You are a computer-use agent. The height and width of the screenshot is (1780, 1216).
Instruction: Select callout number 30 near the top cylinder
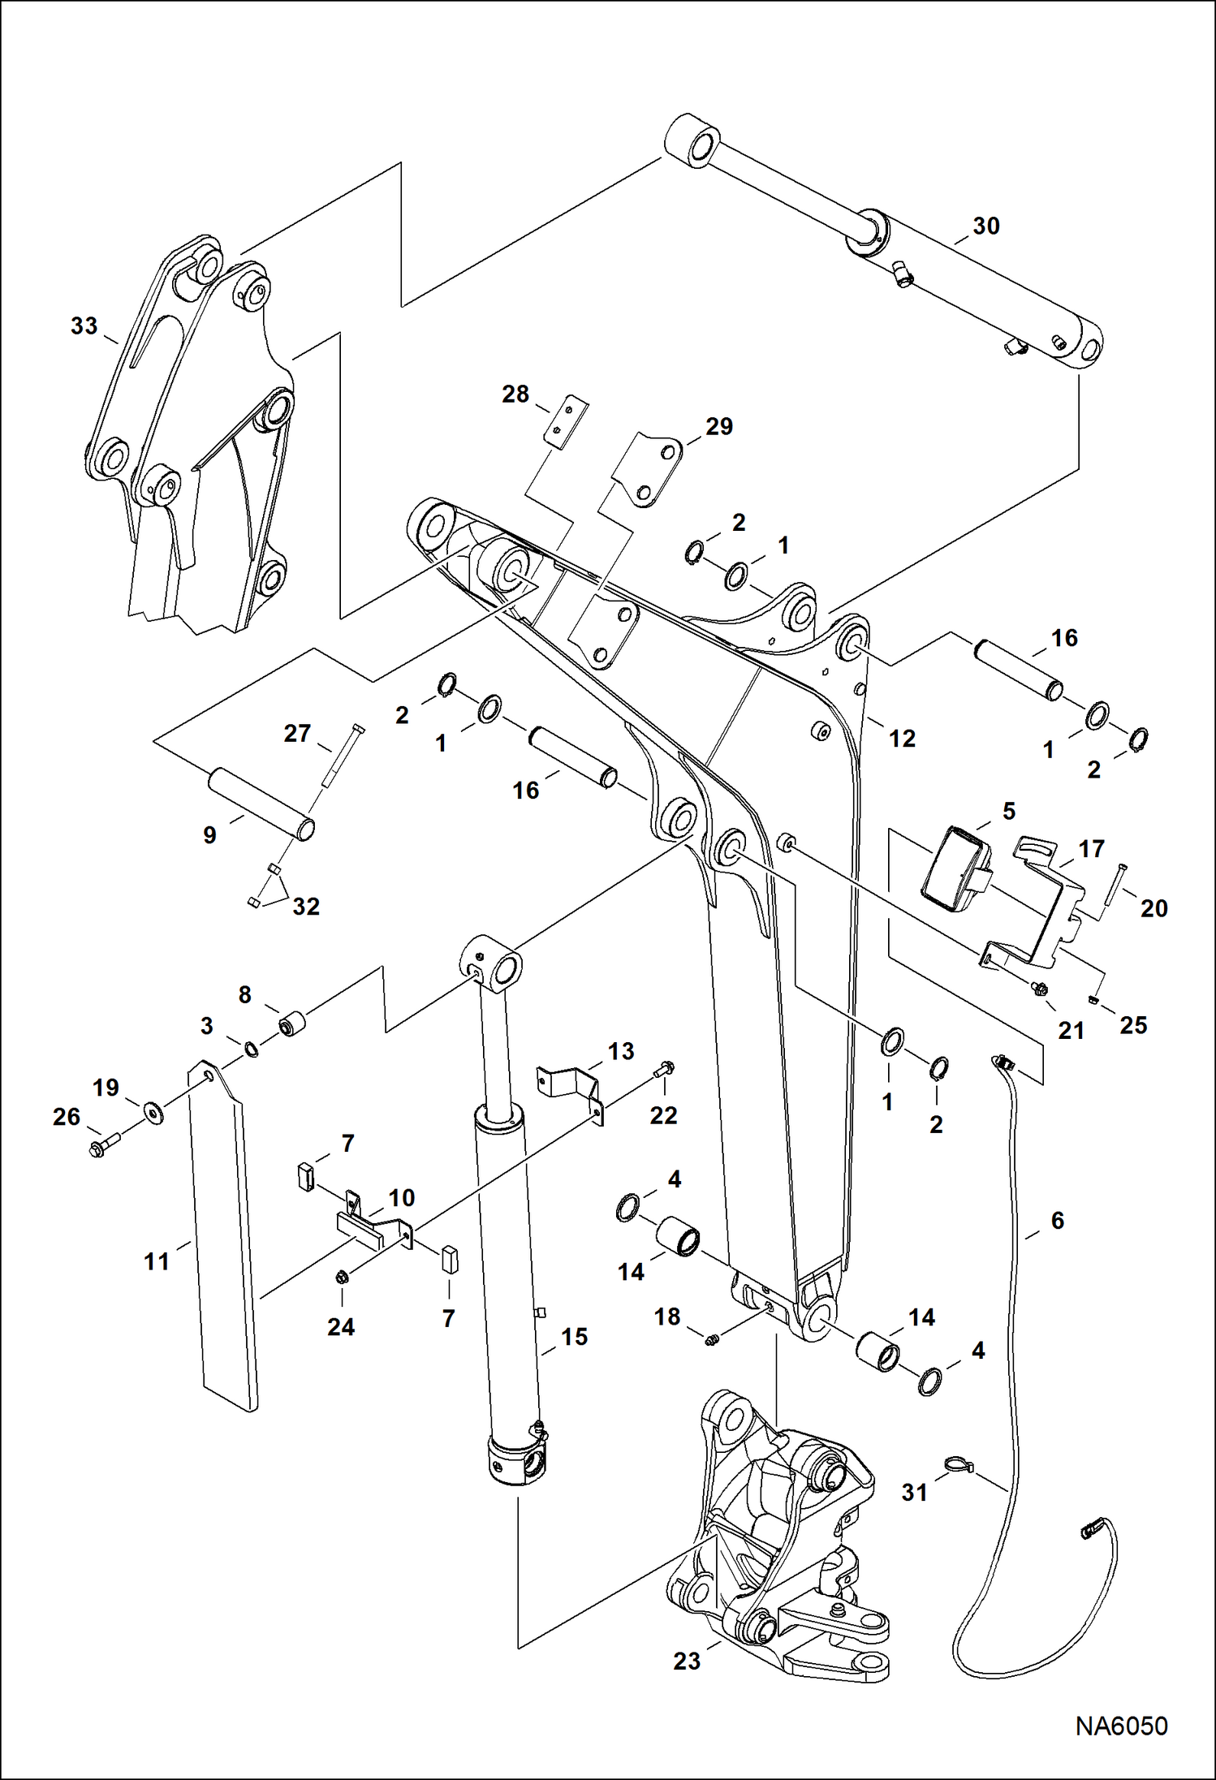(985, 226)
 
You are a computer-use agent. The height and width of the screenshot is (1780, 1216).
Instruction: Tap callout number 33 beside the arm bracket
(84, 326)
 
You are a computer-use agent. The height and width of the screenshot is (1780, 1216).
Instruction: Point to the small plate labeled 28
(575, 422)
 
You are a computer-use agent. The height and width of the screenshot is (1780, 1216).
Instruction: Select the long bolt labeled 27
(343, 756)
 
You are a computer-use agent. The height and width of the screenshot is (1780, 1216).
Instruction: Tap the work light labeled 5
(956, 866)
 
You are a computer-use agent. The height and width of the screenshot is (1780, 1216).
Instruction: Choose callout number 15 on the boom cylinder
(574, 1337)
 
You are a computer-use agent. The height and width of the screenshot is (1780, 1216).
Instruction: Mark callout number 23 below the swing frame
(686, 1661)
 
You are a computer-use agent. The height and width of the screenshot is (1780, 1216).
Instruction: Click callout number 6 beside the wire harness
(1057, 1220)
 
